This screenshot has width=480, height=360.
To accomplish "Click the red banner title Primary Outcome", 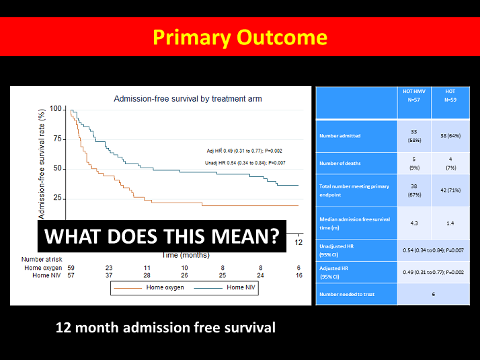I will (x=239, y=36).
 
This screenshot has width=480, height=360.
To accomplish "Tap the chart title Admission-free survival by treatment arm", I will (x=188, y=99).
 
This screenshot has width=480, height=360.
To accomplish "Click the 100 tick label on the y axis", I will (x=56, y=109).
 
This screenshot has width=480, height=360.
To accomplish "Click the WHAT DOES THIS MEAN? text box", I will (x=161, y=236).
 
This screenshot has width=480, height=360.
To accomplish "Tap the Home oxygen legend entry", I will (x=155, y=288).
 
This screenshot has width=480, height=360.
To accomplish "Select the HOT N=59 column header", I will (x=450, y=96).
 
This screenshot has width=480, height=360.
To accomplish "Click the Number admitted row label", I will (x=340, y=136).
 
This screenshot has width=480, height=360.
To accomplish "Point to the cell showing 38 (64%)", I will (x=450, y=136).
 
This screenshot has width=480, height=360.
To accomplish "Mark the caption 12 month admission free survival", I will (x=165, y=328).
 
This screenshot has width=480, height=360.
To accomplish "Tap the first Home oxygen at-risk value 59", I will (x=71, y=268).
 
